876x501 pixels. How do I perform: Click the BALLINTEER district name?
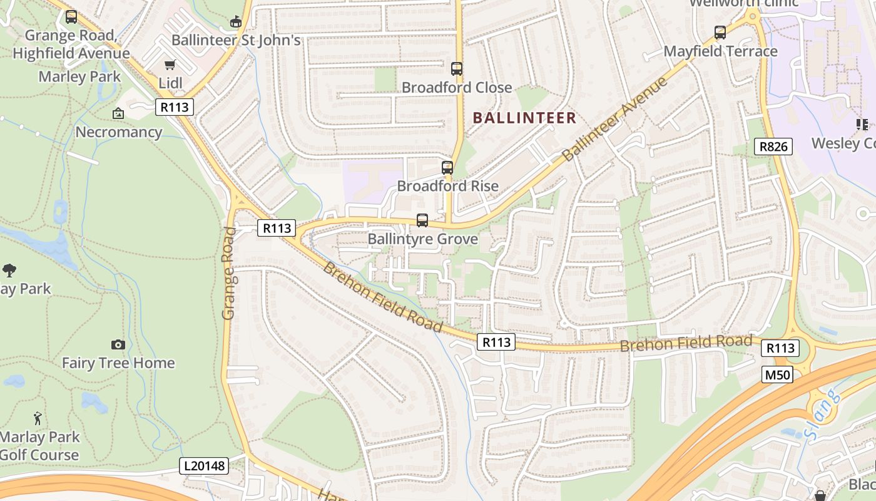[524, 118]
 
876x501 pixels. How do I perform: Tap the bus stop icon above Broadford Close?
[457, 69]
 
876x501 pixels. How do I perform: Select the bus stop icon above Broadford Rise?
[447, 167]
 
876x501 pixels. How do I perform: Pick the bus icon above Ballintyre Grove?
[422, 220]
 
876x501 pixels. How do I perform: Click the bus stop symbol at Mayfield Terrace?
[720, 33]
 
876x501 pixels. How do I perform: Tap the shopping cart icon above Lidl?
[170, 65]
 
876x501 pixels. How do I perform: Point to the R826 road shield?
[773, 147]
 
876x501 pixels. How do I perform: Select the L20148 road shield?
[204, 466]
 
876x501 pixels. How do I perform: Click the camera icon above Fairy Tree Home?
[118, 344]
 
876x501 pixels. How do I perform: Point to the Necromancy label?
[118, 132]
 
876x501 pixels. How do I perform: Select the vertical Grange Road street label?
[229, 273]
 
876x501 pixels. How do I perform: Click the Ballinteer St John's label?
[236, 40]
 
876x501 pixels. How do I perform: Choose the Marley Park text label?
[79, 76]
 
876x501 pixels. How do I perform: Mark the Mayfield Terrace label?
[720, 51]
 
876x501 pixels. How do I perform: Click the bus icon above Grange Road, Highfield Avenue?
[71, 17]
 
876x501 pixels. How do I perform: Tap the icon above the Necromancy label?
[118, 113]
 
